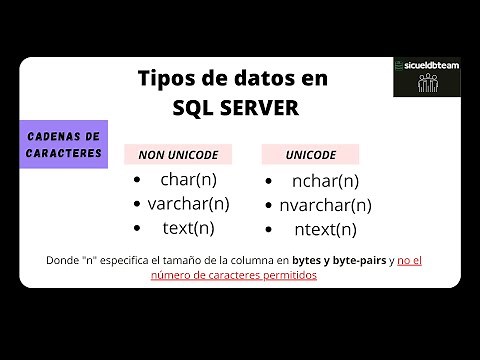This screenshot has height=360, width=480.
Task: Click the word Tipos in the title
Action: pyautogui.click(x=163, y=79)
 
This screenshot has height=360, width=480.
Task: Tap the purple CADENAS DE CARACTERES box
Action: pyautogui.click(x=62, y=145)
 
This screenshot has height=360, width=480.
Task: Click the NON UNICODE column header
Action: pyautogui.click(x=177, y=155)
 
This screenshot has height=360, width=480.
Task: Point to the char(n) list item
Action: pyautogui.click(x=188, y=180)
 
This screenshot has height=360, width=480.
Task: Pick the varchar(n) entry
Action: pyautogui.click(x=189, y=204)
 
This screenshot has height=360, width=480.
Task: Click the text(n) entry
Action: pyautogui.click(x=188, y=227)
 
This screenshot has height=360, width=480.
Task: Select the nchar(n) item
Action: pyautogui.click(x=324, y=181)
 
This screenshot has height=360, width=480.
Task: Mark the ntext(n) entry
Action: pyautogui.click(x=324, y=229)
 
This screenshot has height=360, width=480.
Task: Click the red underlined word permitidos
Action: pyautogui.click(x=289, y=274)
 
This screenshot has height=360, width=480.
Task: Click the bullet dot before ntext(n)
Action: pyautogui.click(x=271, y=229)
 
